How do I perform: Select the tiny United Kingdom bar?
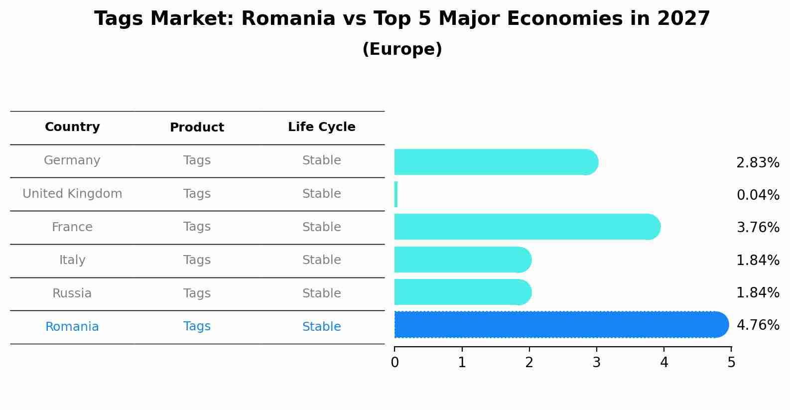[396, 194]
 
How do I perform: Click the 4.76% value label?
[758, 325]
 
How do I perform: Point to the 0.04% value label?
[758, 195]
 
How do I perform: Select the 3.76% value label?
[758, 228]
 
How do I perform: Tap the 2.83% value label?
[758, 163]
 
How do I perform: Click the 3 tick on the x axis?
[597, 363]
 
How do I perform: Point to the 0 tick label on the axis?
[395, 363]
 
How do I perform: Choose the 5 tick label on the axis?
[731, 363]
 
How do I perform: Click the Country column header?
[72, 127]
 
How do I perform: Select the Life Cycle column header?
[321, 127]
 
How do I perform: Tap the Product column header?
[197, 128]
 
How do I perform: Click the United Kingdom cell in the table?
[72, 194]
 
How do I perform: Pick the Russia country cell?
[72, 293]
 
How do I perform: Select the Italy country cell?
[72, 260]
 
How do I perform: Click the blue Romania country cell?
[72, 327]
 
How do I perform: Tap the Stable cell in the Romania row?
[321, 327]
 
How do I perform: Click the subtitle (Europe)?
[402, 49]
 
